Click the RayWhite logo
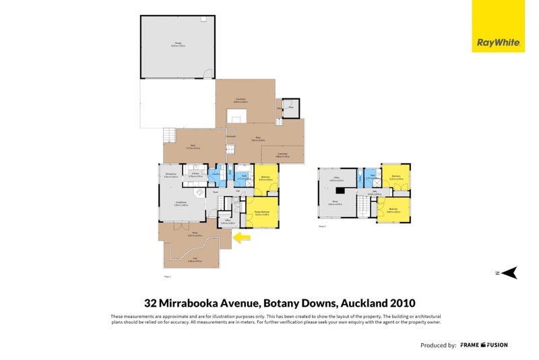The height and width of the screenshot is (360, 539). click(498, 42)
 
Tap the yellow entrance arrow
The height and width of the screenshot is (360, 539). click(241, 237)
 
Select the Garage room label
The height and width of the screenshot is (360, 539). click(179, 44)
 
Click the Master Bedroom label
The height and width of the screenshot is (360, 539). click(262, 213)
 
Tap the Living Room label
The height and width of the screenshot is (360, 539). click(181, 204)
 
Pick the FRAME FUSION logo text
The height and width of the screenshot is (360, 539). click(484, 345)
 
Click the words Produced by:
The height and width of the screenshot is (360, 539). click(438, 345)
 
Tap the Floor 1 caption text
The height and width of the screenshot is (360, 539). click(168, 276)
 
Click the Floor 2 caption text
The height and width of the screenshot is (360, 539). click(322, 227)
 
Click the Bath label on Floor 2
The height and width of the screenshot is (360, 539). click(373, 177)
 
